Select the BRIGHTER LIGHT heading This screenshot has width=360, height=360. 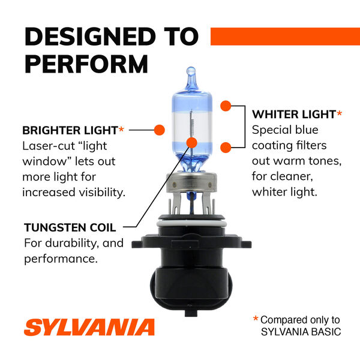pos(69,130)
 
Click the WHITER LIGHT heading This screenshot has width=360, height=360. pos(293,113)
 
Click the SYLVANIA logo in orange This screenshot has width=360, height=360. pos(89,328)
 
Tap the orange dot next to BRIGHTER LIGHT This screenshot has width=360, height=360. pos(160,129)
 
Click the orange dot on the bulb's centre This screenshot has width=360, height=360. pos(192,143)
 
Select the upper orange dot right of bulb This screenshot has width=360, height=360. pos(225,106)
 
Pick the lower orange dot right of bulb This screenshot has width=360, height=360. pos(225,148)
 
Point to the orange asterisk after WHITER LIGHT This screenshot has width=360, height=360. pos(340,113)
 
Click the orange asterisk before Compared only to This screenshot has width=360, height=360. pos(256,320)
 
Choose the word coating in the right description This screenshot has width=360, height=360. pos(272,146)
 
